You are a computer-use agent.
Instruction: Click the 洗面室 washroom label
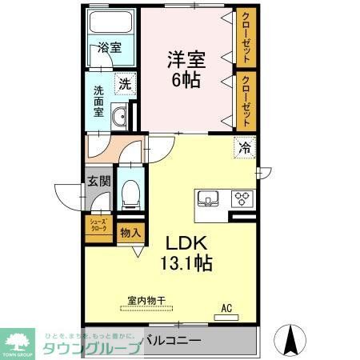pos(99,102)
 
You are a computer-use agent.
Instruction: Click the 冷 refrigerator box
pos(246,149)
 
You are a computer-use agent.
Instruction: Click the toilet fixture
pos(128,192)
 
